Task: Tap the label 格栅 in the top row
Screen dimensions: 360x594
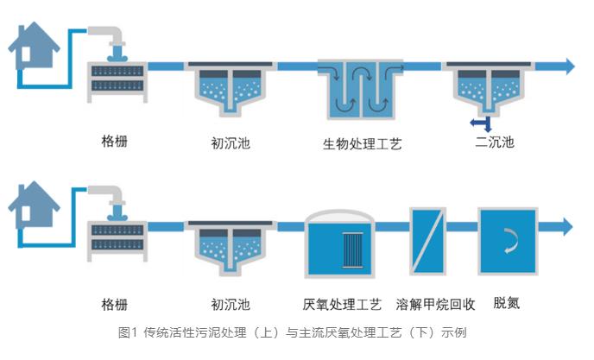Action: point(114,142)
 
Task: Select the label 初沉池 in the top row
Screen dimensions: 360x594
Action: point(231,142)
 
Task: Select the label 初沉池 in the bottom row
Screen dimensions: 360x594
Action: point(231,304)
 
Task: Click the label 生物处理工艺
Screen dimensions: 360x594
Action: point(357,143)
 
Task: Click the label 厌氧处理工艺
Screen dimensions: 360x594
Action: point(342,304)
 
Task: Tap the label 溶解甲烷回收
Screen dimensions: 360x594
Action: point(435,304)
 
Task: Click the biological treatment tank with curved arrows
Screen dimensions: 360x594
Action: point(356,90)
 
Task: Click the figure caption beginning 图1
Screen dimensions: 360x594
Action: point(296,332)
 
